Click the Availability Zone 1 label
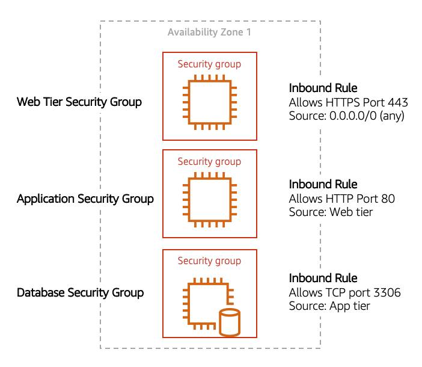209,32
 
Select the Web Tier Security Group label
79,102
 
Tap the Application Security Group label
85,199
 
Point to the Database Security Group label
81,293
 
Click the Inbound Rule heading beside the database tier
323,278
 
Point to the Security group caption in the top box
209,64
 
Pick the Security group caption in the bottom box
209,261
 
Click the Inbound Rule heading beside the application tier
323,184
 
